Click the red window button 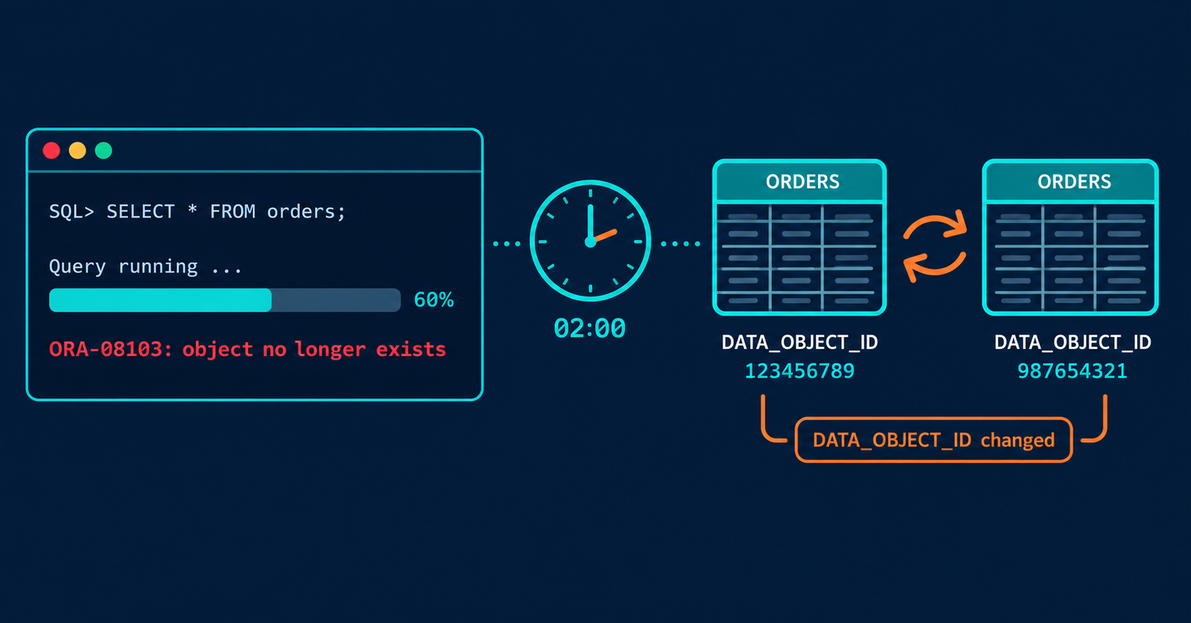pos(51,150)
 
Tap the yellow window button pos(77,150)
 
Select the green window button pos(103,150)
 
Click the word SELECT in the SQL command pos(141,211)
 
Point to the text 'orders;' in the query pos(306,212)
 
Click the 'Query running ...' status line pos(145,266)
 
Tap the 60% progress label pos(434,300)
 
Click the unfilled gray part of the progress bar pos(336,300)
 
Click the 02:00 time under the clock pos(590,328)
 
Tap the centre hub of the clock pos(590,242)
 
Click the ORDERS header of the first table pos(802,182)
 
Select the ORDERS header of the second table pos(1074,182)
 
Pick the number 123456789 pos(799,371)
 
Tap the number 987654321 pos(1073,371)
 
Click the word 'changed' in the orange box pos(1018,440)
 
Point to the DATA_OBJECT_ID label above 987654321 pos(1073,342)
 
